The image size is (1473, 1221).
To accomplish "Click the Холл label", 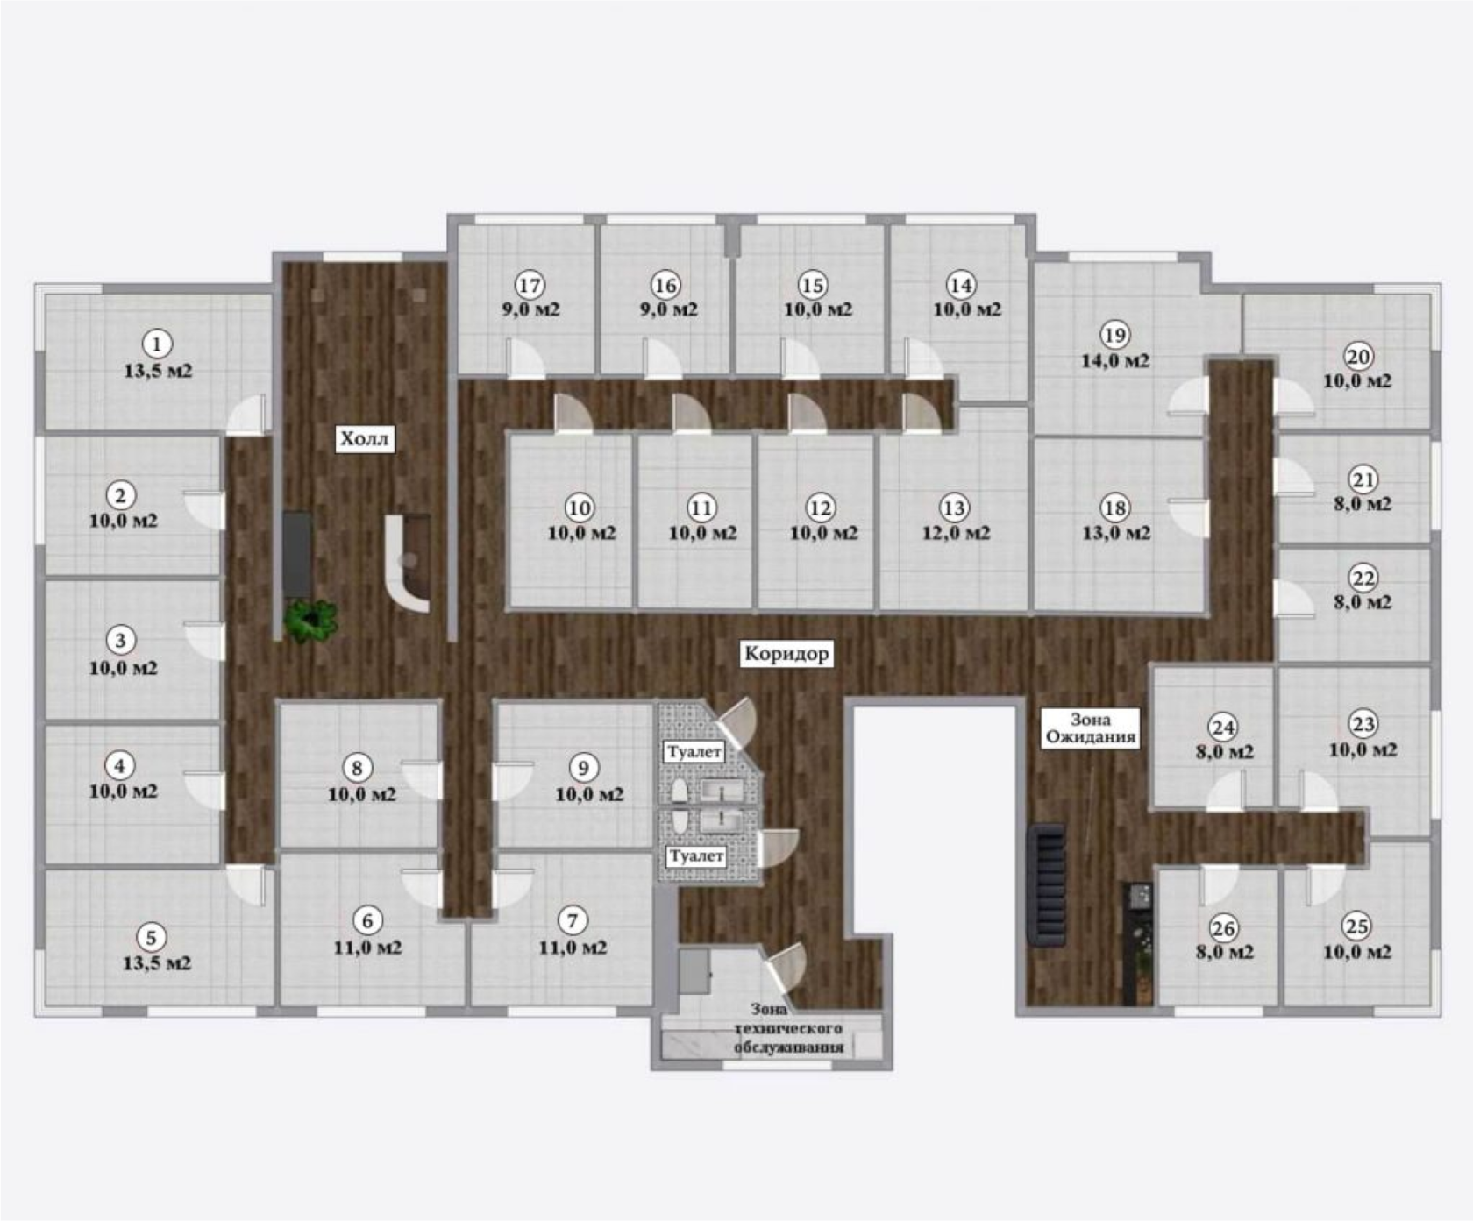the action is coord(365,438).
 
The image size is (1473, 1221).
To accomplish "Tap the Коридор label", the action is coord(786,654).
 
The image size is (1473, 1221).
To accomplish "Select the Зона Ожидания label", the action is coord(1091,728).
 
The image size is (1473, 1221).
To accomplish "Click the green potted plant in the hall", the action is coord(310,621).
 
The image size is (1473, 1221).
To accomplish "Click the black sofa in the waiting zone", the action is coord(1047,884).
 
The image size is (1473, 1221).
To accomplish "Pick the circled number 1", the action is coord(157,344).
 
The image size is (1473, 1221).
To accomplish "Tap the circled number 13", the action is coord(954,508).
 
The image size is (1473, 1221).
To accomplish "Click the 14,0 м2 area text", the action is coord(1114,360).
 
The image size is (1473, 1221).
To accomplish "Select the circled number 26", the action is coord(1223,927).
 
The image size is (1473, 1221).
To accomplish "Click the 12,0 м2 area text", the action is coord(955,533).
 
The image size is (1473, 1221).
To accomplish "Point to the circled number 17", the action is coord(530,285).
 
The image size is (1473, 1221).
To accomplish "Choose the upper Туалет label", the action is coord(694,752).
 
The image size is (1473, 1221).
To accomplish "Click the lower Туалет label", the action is coord(696,856).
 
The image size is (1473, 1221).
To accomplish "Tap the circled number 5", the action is coord(151,937).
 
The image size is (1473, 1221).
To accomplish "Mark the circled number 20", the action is coord(1358,357).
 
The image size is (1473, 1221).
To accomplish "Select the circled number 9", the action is coord(584,768).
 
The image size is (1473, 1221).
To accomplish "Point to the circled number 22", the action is coord(1363,578).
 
